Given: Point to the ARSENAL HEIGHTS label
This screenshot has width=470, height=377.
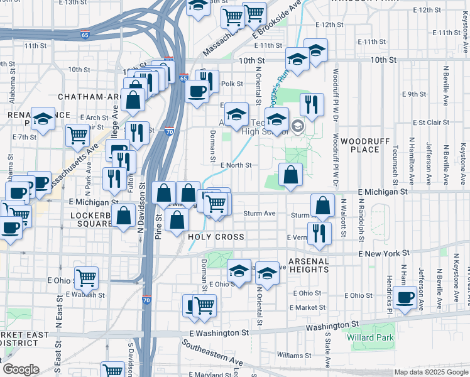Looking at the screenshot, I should click(x=309, y=265).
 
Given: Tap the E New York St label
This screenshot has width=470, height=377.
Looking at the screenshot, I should click(x=383, y=253).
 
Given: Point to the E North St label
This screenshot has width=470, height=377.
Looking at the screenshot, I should click(x=236, y=165).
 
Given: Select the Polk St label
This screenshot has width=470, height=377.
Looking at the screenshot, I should click(x=232, y=84).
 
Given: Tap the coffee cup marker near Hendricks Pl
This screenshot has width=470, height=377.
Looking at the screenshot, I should click(x=405, y=296).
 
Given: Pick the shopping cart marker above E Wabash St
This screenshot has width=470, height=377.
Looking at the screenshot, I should click(x=86, y=276).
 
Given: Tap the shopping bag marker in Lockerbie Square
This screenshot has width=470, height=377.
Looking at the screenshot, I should click(x=124, y=216).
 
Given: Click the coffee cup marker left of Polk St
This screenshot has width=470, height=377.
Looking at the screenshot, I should click(x=197, y=91).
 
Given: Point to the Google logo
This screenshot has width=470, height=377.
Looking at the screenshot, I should click(x=21, y=370).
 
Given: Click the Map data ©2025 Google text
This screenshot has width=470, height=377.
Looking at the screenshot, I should click(x=430, y=372).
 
